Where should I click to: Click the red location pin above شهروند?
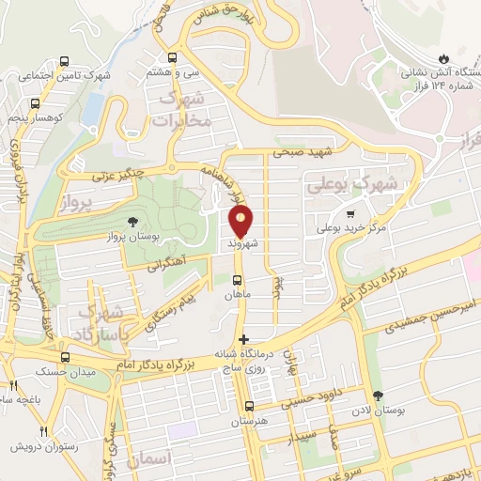(x=241, y=222)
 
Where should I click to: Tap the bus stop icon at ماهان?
(x=237, y=280)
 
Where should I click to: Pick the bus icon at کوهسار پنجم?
(x=35, y=105)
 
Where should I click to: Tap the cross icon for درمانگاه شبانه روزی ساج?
(x=243, y=339)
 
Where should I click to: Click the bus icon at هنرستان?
(x=249, y=406)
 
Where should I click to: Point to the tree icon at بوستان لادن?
(x=378, y=396)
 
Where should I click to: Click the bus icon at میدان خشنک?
(x=64, y=357)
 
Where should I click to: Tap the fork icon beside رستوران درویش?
(x=14, y=432)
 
